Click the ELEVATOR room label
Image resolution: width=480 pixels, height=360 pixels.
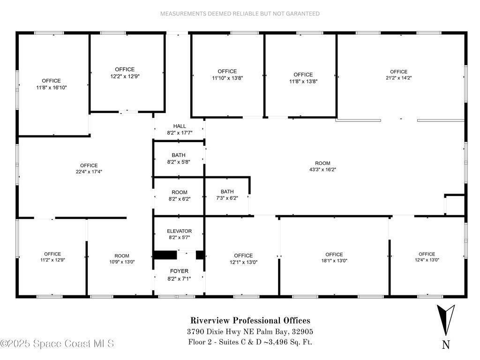tap(180, 234)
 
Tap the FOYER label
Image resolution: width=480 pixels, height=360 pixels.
tap(179, 275)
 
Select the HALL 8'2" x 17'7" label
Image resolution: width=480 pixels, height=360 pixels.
tap(180, 129)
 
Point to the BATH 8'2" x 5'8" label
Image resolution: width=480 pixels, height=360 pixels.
tap(179, 158)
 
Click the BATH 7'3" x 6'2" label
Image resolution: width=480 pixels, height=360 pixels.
tap(227, 195)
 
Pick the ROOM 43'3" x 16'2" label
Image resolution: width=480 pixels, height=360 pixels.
tap(322, 166)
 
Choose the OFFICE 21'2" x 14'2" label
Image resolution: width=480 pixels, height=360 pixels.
tap(398, 75)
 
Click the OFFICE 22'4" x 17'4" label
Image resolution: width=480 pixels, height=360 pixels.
tap(89, 169)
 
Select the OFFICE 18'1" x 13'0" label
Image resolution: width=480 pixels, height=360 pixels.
tap(334, 257)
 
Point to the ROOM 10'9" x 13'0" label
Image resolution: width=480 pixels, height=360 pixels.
tap(122, 259)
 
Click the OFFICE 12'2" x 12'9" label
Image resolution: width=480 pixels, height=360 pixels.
tap(125, 73)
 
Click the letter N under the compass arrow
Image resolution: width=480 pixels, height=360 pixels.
tap(446, 345)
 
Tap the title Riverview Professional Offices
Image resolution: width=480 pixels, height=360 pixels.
tap(250, 321)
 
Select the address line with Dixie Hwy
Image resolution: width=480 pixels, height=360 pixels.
tap(250, 331)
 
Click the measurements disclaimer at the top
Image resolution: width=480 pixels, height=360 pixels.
tap(240, 14)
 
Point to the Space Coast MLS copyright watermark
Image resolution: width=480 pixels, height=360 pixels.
tap(57, 344)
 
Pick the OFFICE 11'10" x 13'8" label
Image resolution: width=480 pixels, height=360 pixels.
tap(227, 75)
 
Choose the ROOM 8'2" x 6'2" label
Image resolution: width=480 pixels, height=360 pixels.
tap(180, 195)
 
